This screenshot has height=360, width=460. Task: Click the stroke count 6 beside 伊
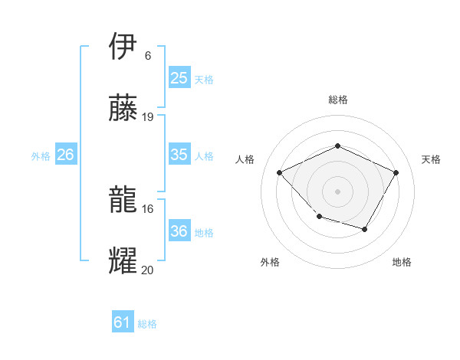(x=148, y=56)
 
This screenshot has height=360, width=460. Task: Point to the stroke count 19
(x=148, y=117)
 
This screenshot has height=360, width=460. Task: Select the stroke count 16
(x=148, y=208)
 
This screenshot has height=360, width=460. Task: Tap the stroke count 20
(x=148, y=270)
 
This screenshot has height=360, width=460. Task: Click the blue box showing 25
(x=179, y=78)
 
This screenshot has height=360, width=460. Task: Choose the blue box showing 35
(x=179, y=155)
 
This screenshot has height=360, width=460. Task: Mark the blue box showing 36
(x=179, y=231)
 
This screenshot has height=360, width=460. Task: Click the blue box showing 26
(x=65, y=155)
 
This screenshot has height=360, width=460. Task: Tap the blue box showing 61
(x=123, y=322)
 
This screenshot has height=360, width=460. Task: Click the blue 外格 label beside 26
(x=41, y=156)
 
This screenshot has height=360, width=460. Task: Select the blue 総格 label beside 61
(x=147, y=324)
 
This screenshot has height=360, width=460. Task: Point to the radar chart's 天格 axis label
(x=431, y=159)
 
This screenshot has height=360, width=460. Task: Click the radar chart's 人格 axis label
(x=245, y=159)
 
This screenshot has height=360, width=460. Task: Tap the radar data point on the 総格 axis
(x=337, y=145)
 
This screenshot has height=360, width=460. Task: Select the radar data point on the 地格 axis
(x=365, y=229)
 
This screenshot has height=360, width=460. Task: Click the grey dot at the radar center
(x=337, y=191)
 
